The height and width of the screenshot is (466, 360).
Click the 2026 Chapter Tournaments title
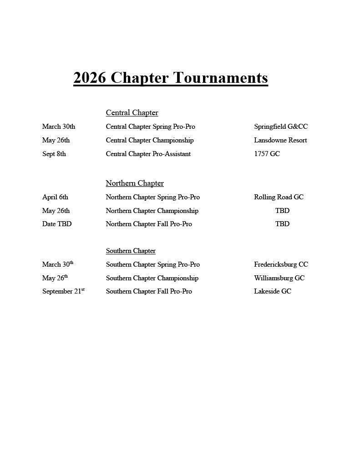[171, 78]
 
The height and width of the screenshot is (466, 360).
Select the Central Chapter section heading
[132, 113]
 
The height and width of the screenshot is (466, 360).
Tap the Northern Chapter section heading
[135, 183]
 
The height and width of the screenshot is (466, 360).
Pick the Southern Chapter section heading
[131, 251]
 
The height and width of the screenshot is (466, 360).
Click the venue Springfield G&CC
[281, 127]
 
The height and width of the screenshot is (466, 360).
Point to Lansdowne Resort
[280, 140]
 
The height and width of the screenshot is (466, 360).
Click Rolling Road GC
[279, 197]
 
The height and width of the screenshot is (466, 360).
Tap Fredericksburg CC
[281, 264]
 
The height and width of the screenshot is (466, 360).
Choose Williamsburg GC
[279, 278]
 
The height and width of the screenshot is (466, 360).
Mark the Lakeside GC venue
[272, 291]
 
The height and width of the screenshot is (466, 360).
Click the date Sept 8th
[54, 154]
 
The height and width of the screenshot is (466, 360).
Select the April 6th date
[55, 197]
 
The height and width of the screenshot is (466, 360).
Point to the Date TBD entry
[57, 224]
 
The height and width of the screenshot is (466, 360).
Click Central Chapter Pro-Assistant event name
[148, 154]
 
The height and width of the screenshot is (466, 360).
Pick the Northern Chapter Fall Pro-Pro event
[149, 224]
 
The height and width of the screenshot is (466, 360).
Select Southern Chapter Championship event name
[152, 278]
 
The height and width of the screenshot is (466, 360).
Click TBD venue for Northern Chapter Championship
[282, 211]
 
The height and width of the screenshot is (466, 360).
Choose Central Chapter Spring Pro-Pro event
[150, 127]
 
